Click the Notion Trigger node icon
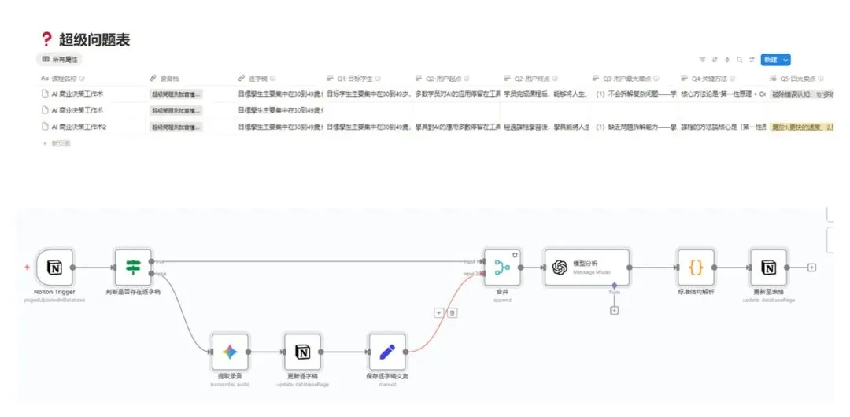click(x=54, y=268)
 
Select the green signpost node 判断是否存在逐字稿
click(x=132, y=268)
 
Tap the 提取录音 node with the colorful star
click(x=230, y=352)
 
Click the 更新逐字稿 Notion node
click(x=303, y=352)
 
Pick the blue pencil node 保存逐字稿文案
click(x=386, y=352)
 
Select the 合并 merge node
click(x=502, y=268)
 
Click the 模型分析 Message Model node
click(x=586, y=268)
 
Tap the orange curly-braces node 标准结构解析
click(x=696, y=268)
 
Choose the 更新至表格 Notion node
click(x=769, y=268)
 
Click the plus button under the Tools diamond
click(x=614, y=310)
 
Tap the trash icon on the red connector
click(x=453, y=312)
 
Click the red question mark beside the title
click(x=46, y=39)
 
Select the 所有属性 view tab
click(x=61, y=59)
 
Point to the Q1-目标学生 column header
click(x=354, y=79)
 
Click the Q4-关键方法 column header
click(x=714, y=79)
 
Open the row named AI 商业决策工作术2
click(x=79, y=127)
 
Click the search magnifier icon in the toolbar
click(x=740, y=60)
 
